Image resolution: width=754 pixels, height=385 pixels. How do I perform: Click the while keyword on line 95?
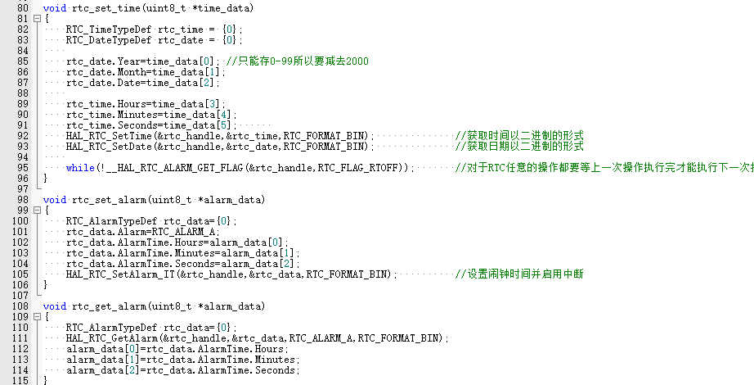[80, 167]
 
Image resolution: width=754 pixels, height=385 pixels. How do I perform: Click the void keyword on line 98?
[55, 199]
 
